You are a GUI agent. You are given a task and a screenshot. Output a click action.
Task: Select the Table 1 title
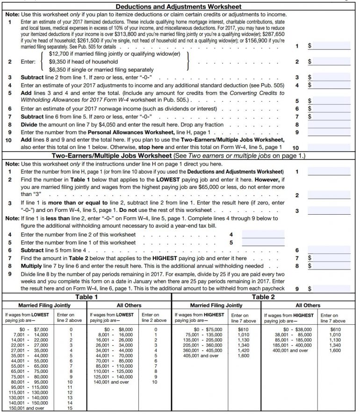(x=86, y=297)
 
